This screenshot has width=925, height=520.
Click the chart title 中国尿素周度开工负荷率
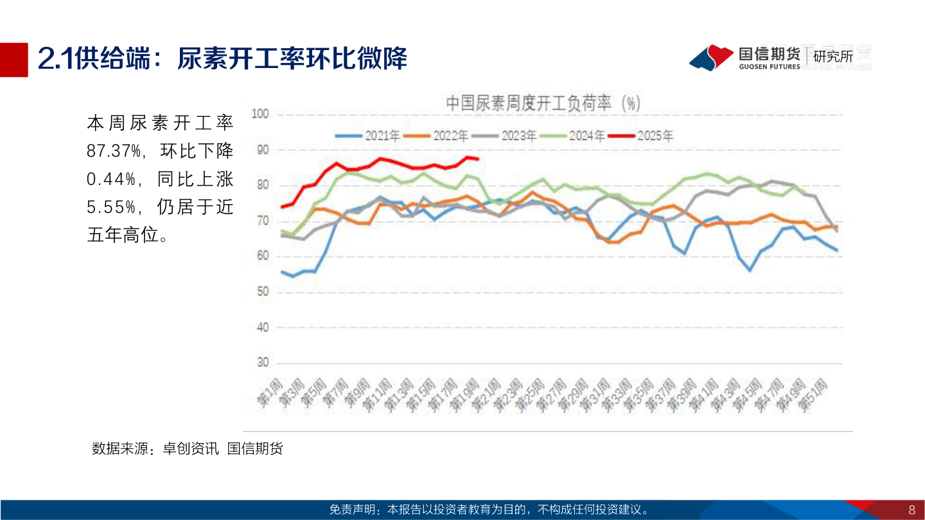tap(543, 103)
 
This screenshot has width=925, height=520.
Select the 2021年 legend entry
tap(368, 135)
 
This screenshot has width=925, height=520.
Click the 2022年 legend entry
tap(436, 135)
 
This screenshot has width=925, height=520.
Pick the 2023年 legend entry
tap(504, 135)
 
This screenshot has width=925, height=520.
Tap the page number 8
tap(911, 510)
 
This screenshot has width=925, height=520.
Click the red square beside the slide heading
tap(14, 60)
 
